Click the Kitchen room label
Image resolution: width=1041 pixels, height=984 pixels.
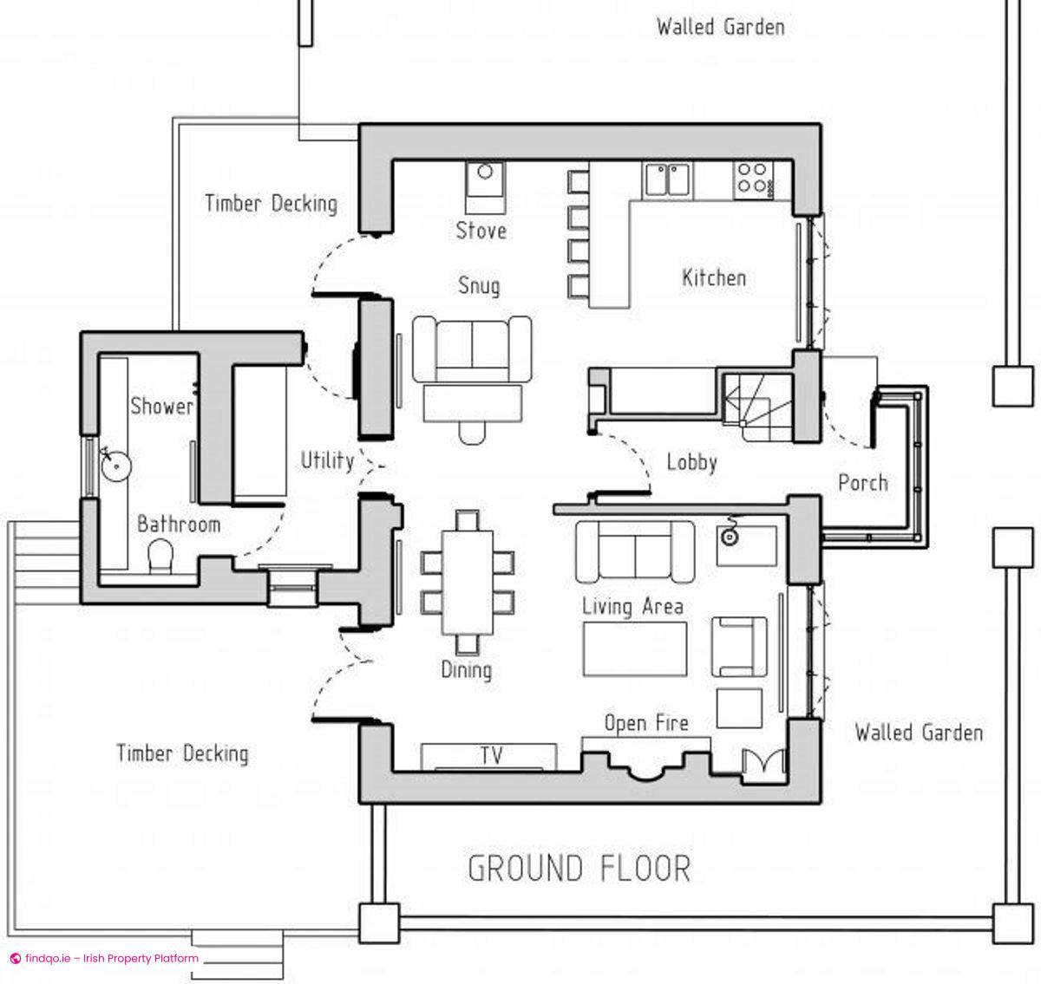pyautogui.click(x=713, y=277)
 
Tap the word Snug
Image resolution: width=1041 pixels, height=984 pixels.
pyautogui.click(x=478, y=285)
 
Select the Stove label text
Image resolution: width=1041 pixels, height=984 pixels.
pyautogui.click(x=481, y=230)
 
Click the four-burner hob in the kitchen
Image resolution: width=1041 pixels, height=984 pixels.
pyautogui.click(x=752, y=179)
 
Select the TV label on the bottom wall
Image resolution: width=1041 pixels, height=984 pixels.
pyautogui.click(x=491, y=755)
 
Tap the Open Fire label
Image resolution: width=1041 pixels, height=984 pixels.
pyautogui.click(x=646, y=723)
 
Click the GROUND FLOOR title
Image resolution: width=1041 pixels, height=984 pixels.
pyautogui.click(x=579, y=868)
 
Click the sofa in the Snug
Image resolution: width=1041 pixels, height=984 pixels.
pyautogui.click(x=472, y=349)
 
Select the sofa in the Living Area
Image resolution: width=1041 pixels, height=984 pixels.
pyautogui.click(x=635, y=551)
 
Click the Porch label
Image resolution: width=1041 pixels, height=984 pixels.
pyautogui.click(x=862, y=482)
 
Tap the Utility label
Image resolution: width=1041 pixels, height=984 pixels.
pyautogui.click(x=327, y=460)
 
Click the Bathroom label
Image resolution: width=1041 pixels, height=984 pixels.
pyautogui.click(x=179, y=524)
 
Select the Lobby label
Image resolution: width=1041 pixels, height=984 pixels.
pyautogui.click(x=691, y=462)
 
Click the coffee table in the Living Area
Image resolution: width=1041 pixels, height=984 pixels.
pyautogui.click(x=635, y=648)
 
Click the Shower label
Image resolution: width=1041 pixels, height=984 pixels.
pyautogui.click(x=161, y=406)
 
